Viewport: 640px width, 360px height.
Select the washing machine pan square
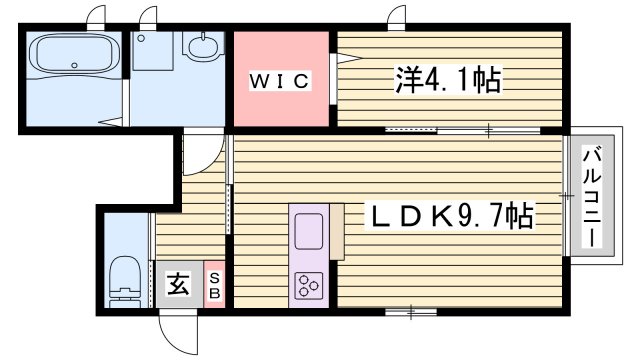click(152, 51)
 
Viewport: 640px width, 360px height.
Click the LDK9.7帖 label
click(452, 215)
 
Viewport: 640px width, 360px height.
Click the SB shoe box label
click(214, 284)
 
